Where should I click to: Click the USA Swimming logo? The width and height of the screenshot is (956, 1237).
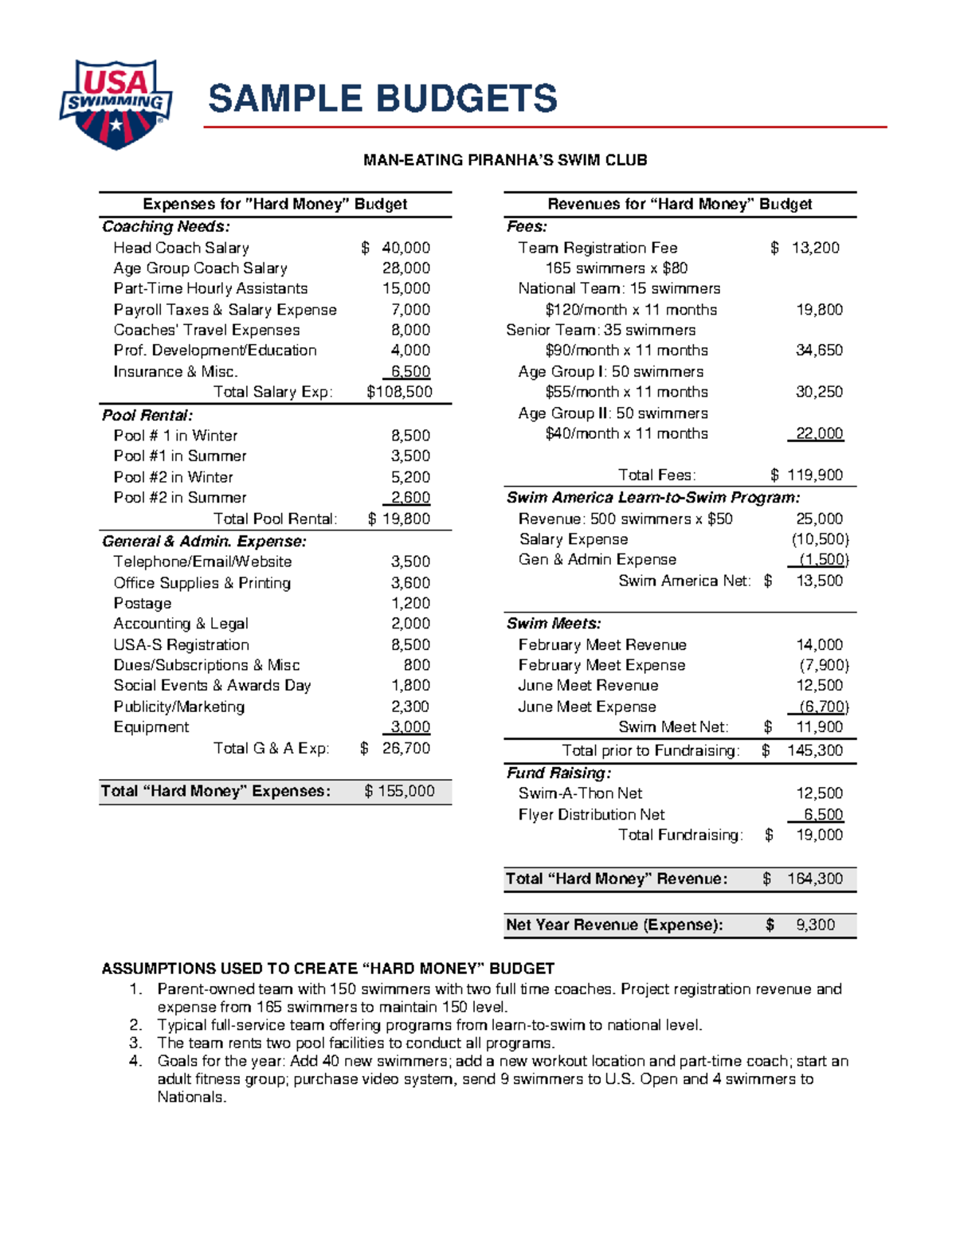point(116,104)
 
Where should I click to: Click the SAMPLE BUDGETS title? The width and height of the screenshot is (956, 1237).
point(382,99)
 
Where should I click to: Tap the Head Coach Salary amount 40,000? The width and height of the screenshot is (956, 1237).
point(406,248)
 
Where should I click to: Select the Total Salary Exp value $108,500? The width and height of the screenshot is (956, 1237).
point(399,392)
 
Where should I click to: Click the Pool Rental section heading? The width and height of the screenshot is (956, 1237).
point(147,415)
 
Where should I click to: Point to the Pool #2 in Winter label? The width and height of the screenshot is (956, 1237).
point(173,477)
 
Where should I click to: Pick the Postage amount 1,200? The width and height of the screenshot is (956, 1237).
point(410,603)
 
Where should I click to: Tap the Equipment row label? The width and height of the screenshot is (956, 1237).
point(151,727)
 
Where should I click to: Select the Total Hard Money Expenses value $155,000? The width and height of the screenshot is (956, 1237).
point(400,791)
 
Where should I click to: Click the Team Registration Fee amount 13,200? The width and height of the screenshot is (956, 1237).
point(815,248)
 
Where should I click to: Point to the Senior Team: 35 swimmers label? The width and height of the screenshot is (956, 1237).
point(601,330)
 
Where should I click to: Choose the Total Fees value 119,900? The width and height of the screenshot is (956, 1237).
point(814,475)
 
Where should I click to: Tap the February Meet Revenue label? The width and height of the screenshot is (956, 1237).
point(601,644)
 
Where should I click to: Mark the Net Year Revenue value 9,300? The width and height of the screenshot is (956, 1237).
point(815,925)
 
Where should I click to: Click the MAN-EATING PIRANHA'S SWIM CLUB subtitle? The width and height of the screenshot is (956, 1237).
point(505,160)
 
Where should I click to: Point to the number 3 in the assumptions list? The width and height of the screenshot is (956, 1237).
point(135,1043)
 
